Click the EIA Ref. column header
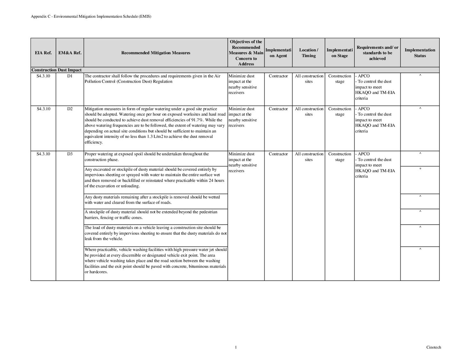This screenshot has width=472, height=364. (x=43, y=53)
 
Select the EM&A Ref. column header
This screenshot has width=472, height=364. (x=70, y=53)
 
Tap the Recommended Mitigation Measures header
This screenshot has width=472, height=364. (x=156, y=53)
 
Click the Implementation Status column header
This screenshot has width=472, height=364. (x=420, y=53)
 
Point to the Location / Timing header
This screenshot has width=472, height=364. (x=308, y=53)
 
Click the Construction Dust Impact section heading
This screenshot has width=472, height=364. (x=56, y=70)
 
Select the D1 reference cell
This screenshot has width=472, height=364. (x=70, y=76)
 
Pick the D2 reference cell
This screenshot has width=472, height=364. (x=70, y=109)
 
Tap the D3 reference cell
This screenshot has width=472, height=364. (x=70, y=154)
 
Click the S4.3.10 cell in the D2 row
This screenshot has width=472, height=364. (x=43, y=109)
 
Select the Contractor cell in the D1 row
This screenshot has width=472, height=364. (x=278, y=76)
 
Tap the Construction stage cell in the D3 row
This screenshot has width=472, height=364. (x=340, y=157)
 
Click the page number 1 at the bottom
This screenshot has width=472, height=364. (x=236, y=347)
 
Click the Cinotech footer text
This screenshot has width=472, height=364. (x=433, y=347)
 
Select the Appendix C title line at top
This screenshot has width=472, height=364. (x=91, y=16)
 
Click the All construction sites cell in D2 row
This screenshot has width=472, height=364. (x=309, y=111)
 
